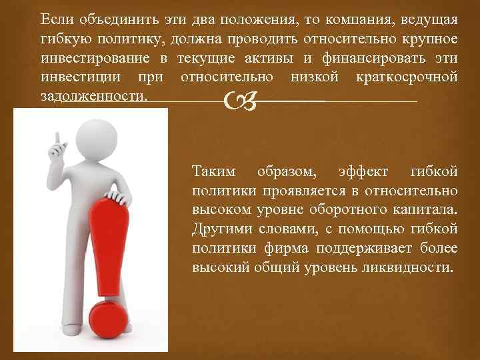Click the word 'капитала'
(428, 210)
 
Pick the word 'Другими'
(222, 229)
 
